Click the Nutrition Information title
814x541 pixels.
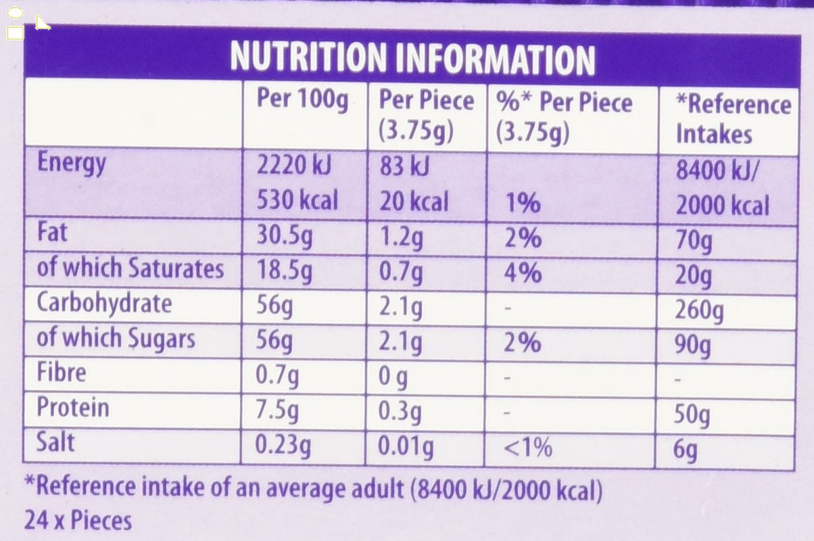412,59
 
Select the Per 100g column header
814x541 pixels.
302,100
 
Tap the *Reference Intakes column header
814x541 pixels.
734,118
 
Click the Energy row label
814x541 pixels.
72,163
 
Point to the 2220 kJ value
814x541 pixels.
294,166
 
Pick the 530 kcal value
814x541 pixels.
297,201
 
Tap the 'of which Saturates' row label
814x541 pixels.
130,268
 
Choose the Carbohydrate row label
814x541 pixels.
104,304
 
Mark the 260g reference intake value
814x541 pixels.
699,310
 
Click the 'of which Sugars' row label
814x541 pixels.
116,338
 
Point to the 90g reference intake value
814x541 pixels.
693,346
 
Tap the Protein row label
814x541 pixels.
72,408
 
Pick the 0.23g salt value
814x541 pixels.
283,446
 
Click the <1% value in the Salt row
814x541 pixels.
528,446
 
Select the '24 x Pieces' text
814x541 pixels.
78,521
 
